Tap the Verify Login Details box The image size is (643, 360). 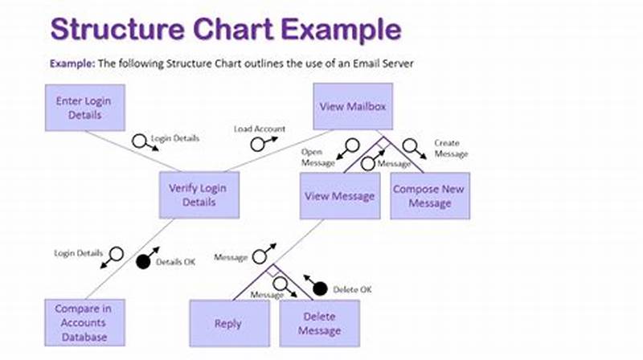[198, 195]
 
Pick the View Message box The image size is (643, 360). [340, 195]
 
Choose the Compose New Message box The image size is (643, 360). [430, 195]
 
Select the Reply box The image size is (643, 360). [228, 323]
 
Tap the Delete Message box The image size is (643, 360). [319, 323]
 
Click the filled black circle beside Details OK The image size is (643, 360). [145, 261]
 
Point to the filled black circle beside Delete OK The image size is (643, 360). [320, 288]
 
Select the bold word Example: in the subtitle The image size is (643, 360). [72, 63]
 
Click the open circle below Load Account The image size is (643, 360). [259, 145]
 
